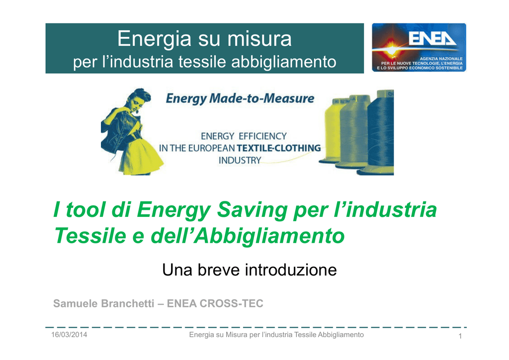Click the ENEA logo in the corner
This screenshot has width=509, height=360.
click(419, 47)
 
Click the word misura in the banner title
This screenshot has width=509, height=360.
click(259, 39)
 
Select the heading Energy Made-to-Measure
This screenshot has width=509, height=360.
click(240, 98)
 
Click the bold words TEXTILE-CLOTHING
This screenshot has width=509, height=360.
click(279, 148)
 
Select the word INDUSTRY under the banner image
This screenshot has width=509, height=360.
click(240, 161)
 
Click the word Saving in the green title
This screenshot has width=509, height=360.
click(252, 210)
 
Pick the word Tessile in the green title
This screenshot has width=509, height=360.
click(90, 235)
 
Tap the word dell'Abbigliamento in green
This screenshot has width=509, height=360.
click(248, 235)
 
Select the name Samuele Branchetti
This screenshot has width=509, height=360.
click(103, 303)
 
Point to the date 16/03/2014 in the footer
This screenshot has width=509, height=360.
click(69, 335)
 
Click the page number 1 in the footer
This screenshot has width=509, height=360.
click(460, 336)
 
